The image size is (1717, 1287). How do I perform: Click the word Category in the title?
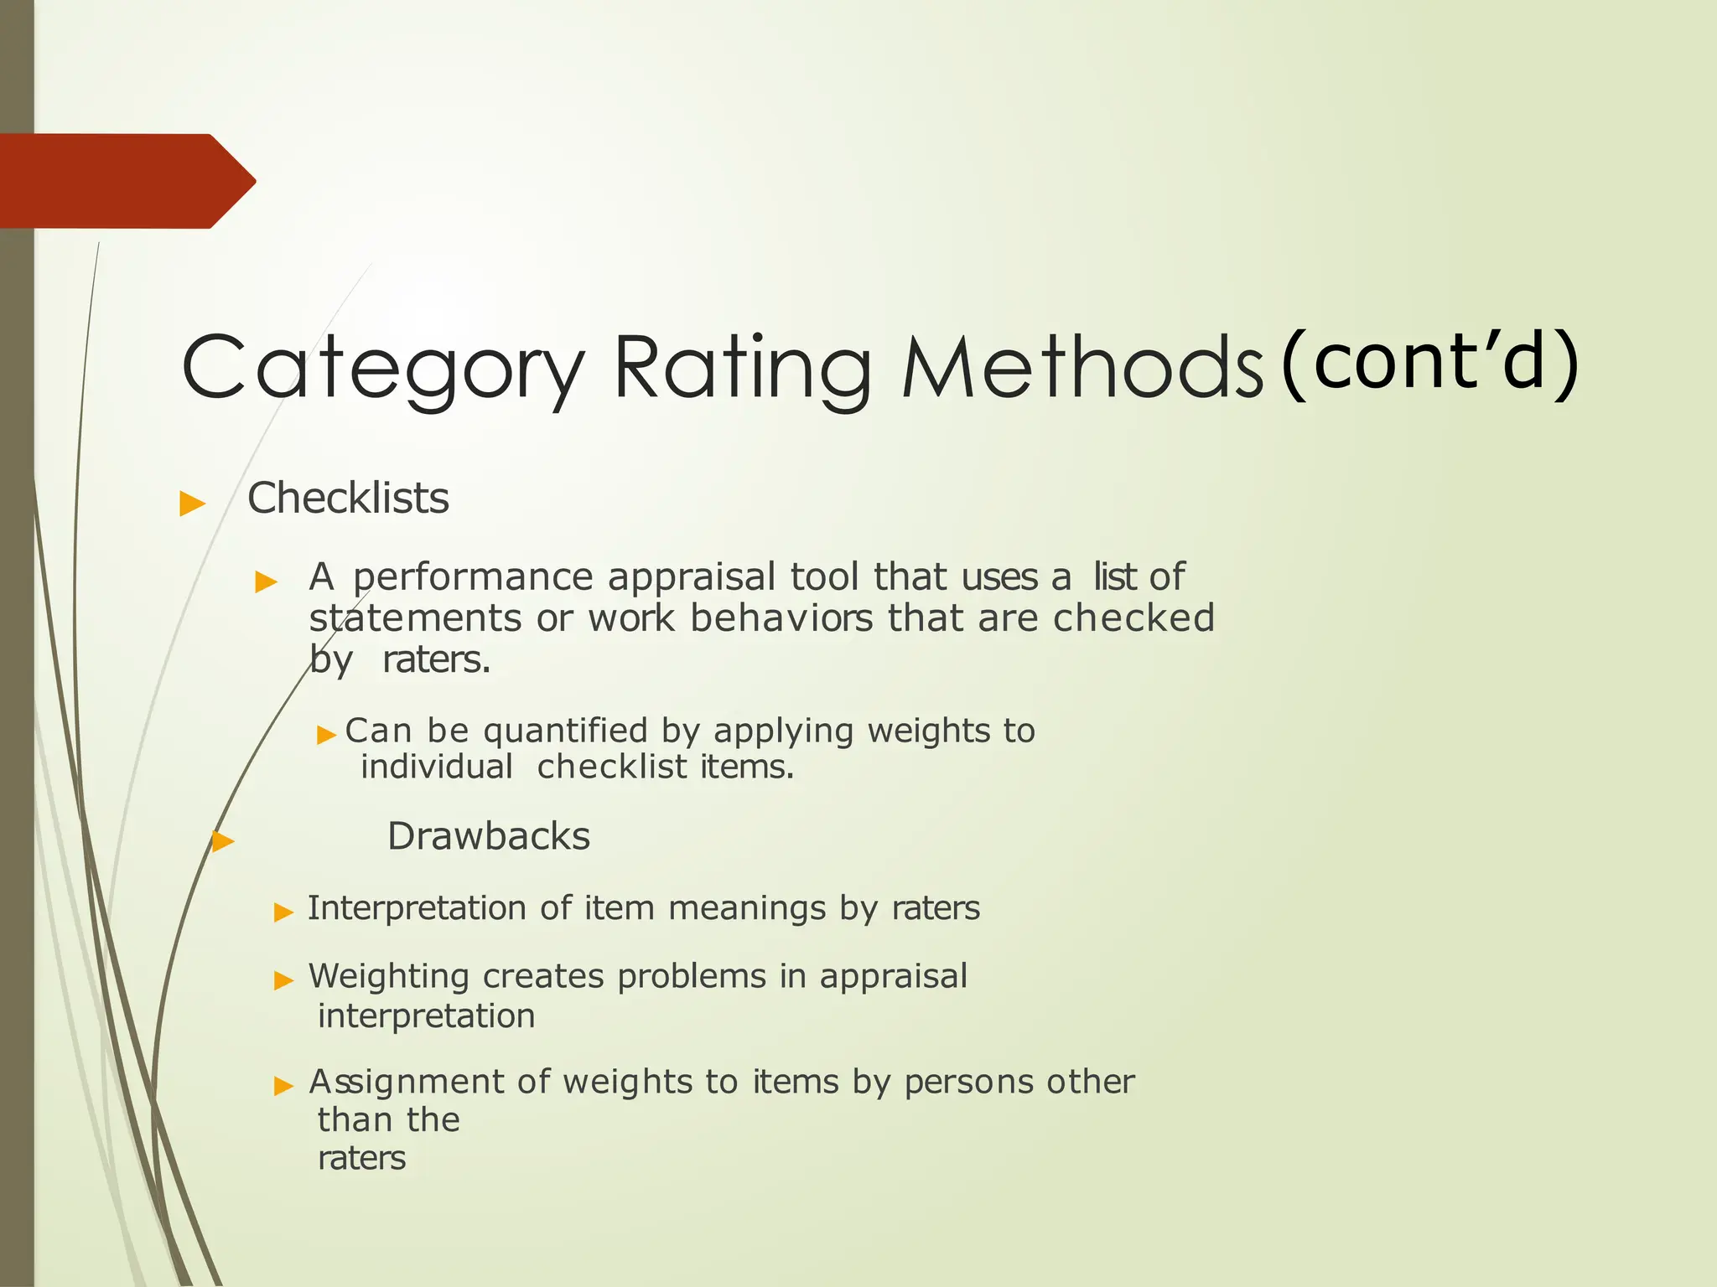(x=382, y=369)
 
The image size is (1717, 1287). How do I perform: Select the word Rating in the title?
(x=743, y=369)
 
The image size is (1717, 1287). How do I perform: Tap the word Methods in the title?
(x=1082, y=369)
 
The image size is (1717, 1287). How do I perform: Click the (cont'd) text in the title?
(x=1430, y=362)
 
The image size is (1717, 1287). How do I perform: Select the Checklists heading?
(x=348, y=499)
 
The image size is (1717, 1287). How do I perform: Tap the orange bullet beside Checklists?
(x=193, y=504)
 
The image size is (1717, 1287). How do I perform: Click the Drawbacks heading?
(x=489, y=836)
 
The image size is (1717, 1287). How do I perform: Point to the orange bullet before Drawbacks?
(x=223, y=841)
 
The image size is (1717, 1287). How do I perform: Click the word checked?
(x=1133, y=618)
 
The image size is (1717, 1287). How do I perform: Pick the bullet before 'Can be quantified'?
(x=326, y=736)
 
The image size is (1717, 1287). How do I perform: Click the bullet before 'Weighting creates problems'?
(x=284, y=980)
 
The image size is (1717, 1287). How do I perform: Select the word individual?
(x=437, y=768)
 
